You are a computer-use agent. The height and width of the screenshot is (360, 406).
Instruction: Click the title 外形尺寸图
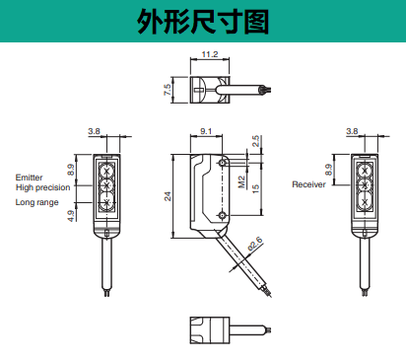[203, 22]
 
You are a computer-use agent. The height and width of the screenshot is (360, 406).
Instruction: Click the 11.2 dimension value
[210, 54]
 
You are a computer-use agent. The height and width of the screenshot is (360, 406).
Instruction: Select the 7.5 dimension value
[167, 90]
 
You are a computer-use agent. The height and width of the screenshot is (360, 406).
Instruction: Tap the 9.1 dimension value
[206, 131]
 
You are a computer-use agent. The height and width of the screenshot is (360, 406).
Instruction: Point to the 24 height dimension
[168, 196]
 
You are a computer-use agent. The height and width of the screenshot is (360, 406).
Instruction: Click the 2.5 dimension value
[255, 141]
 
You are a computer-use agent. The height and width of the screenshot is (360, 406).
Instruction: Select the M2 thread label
[241, 181]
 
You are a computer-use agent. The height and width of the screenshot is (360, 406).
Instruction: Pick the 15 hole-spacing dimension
[255, 188]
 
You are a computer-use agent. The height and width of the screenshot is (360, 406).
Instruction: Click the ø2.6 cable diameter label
[255, 244]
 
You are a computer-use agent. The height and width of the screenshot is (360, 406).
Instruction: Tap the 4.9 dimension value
[71, 216]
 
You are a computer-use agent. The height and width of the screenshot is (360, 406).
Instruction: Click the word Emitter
[29, 178]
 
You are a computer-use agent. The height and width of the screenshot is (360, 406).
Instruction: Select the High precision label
[43, 187]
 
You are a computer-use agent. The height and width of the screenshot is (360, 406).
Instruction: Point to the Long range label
[36, 202]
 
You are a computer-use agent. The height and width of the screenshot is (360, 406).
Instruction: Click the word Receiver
[308, 184]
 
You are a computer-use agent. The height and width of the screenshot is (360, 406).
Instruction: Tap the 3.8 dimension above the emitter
[94, 131]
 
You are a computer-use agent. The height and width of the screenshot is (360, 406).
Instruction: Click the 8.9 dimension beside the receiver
[328, 170]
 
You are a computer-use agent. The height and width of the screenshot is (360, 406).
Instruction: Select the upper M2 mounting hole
[223, 163]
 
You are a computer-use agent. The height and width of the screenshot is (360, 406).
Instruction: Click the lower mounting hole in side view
[223, 215]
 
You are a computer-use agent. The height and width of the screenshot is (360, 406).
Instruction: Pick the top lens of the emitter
[106, 171]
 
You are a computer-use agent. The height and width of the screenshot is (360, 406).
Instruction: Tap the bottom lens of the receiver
[365, 200]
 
